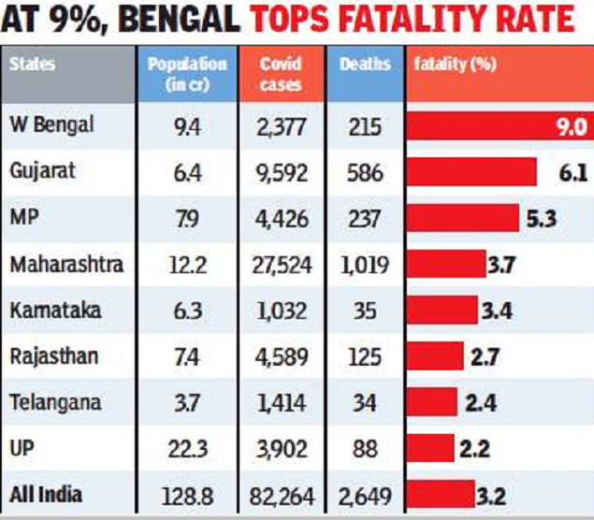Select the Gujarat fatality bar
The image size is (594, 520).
[471, 173]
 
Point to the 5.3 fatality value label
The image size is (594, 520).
[542, 219]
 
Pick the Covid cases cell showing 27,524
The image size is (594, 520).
[283, 265]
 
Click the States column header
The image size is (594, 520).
[32, 65]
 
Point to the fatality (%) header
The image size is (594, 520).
[455, 65]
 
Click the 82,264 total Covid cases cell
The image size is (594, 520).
[283, 493]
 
